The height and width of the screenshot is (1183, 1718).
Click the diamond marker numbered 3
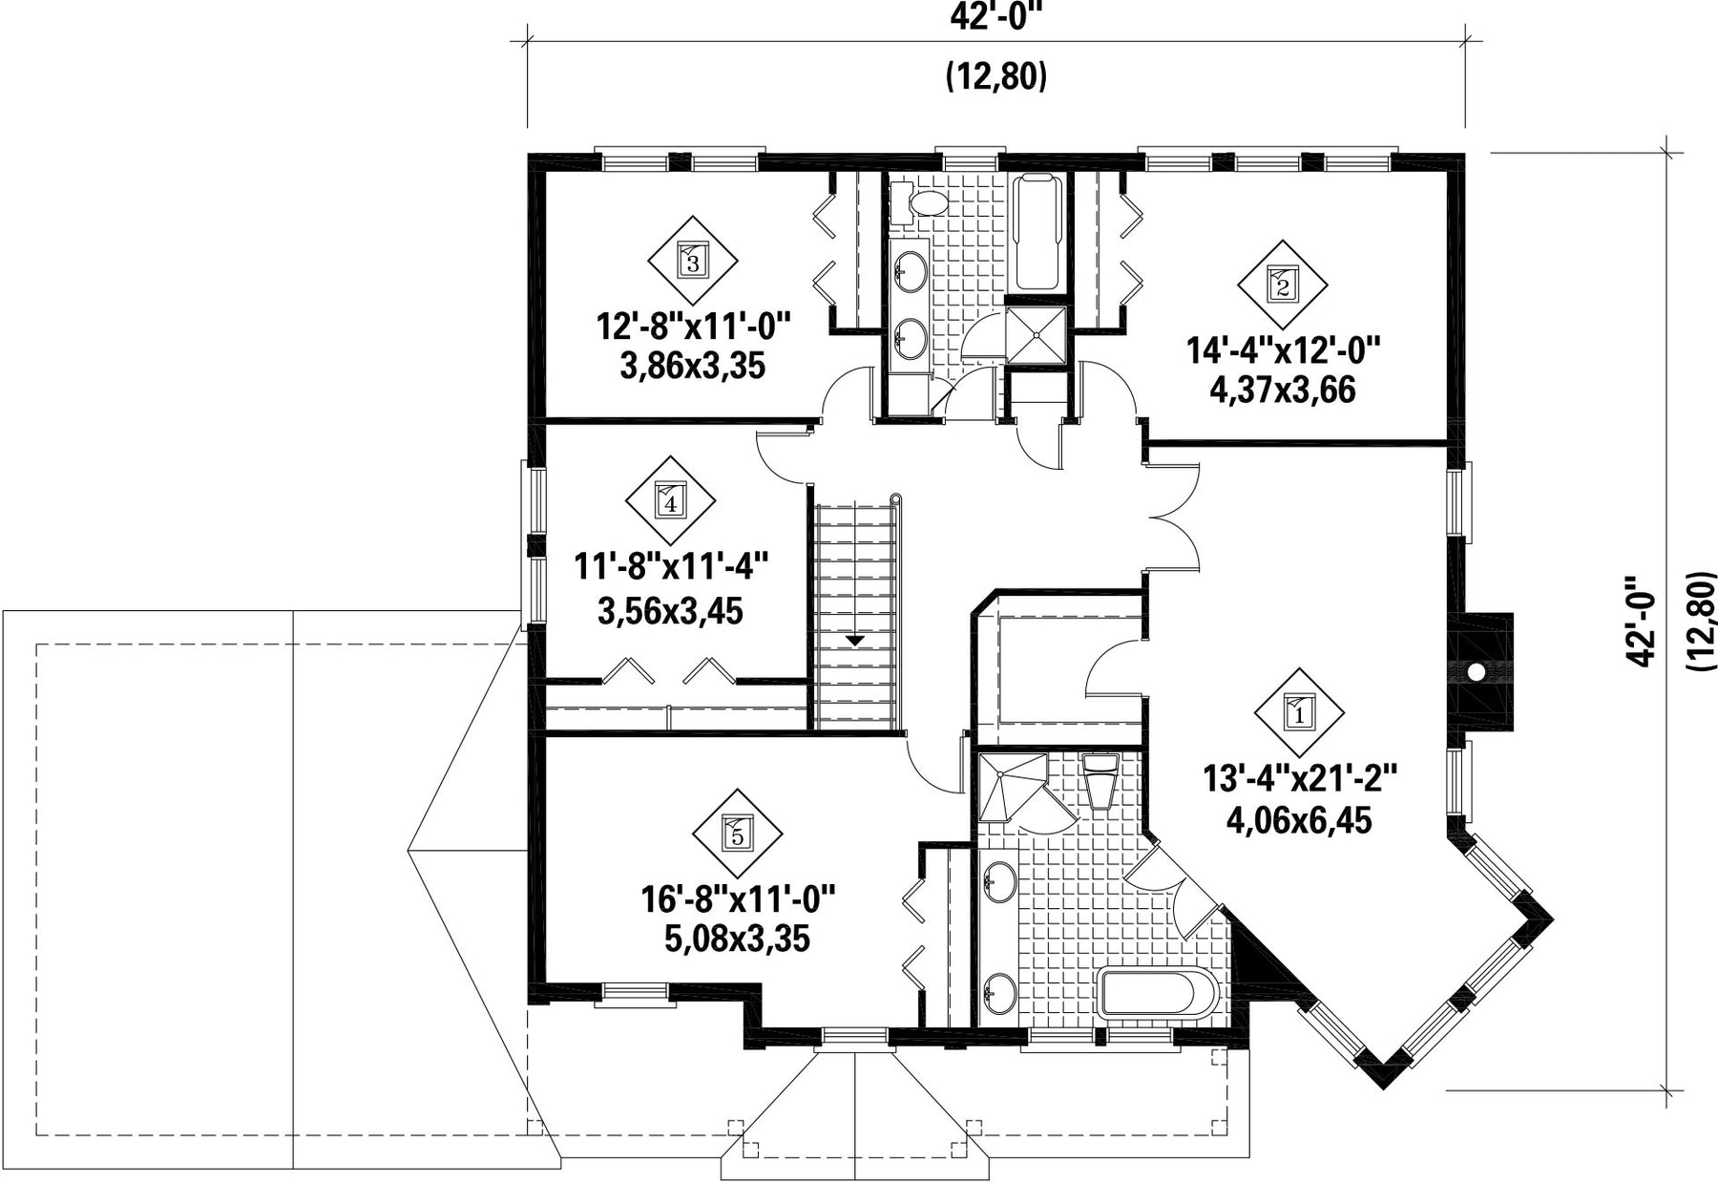(x=693, y=259)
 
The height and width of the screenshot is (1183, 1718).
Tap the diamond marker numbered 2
(x=1282, y=285)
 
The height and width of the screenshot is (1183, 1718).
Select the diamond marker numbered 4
(x=670, y=500)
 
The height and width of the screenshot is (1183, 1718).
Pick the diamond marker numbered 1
(x=1299, y=711)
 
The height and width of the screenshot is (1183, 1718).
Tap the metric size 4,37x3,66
(x=1282, y=391)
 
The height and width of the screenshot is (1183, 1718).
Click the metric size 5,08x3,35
(x=738, y=939)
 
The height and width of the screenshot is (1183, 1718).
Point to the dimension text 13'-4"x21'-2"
(x=1299, y=780)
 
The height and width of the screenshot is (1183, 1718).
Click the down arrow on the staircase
(x=856, y=640)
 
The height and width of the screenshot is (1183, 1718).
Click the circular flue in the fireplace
(x=1476, y=672)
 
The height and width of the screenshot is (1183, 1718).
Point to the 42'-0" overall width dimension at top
(x=996, y=18)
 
